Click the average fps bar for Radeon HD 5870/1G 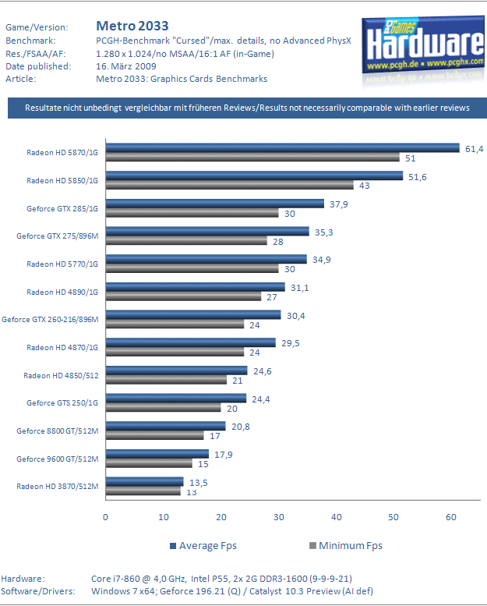(x=282, y=148)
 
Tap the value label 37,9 (x=340, y=204)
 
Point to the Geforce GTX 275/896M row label (x=58, y=236)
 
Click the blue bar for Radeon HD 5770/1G (x=206, y=259)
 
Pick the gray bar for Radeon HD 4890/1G (x=183, y=296)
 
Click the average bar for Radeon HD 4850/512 (x=176, y=370)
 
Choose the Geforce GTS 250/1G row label (x=63, y=402)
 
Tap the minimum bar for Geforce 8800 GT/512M (x=154, y=435)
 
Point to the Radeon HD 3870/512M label (x=58, y=486)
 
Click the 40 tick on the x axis (x=336, y=517)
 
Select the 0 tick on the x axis (x=105, y=517)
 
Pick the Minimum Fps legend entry (x=346, y=546)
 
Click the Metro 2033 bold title (x=132, y=27)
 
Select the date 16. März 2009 (x=128, y=66)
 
